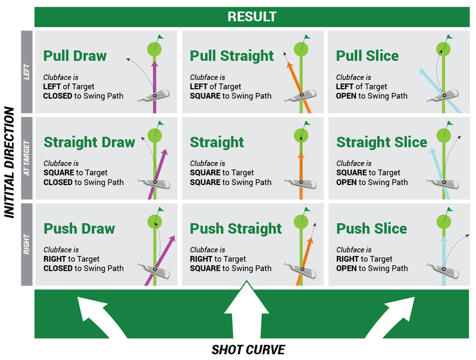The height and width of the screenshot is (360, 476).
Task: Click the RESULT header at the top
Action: [x=252, y=17]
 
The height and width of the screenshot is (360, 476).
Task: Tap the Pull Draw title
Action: [x=74, y=56]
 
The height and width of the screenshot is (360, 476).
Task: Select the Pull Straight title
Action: [x=231, y=56]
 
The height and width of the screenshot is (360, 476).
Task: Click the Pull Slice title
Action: [x=367, y=56]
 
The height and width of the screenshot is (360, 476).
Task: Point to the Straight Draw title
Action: [x=87, y=142]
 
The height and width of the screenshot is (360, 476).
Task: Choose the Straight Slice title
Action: [x=381, y=142]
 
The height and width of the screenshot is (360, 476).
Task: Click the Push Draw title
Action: [x=79, y=228]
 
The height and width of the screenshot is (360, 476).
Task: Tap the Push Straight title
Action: [x=236, y=228]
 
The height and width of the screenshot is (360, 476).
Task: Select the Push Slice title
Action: [x=371, y=228]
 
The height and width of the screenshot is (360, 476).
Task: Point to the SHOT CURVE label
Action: [x=248, y=349]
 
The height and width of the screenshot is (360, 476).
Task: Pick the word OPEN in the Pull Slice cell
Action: [x=346, y=96]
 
